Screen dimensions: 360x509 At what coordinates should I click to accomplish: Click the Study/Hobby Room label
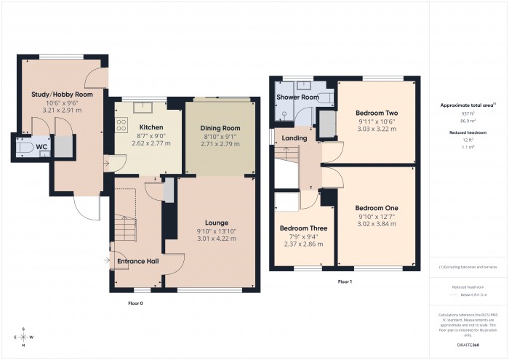click(62, 95)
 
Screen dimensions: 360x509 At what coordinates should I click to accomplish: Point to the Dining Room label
click(220, 127)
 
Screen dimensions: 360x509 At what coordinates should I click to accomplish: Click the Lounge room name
click(216, 223)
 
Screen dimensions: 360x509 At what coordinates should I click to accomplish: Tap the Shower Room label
click(298, 97)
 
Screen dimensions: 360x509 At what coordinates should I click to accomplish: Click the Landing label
click(294, 138)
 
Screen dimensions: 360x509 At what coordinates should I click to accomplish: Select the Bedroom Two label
click(376, 113)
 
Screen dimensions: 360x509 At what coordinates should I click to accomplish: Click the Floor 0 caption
click(136, 303)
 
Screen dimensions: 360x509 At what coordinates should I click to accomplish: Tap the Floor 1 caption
click(345, 281)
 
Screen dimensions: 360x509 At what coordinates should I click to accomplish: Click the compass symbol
click(24, 337)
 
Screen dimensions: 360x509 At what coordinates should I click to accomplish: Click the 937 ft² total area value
click(468, 113)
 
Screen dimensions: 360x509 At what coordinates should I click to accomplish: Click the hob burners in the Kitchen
click(119, 125)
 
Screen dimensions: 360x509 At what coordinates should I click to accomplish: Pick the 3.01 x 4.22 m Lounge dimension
click(216, 238)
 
